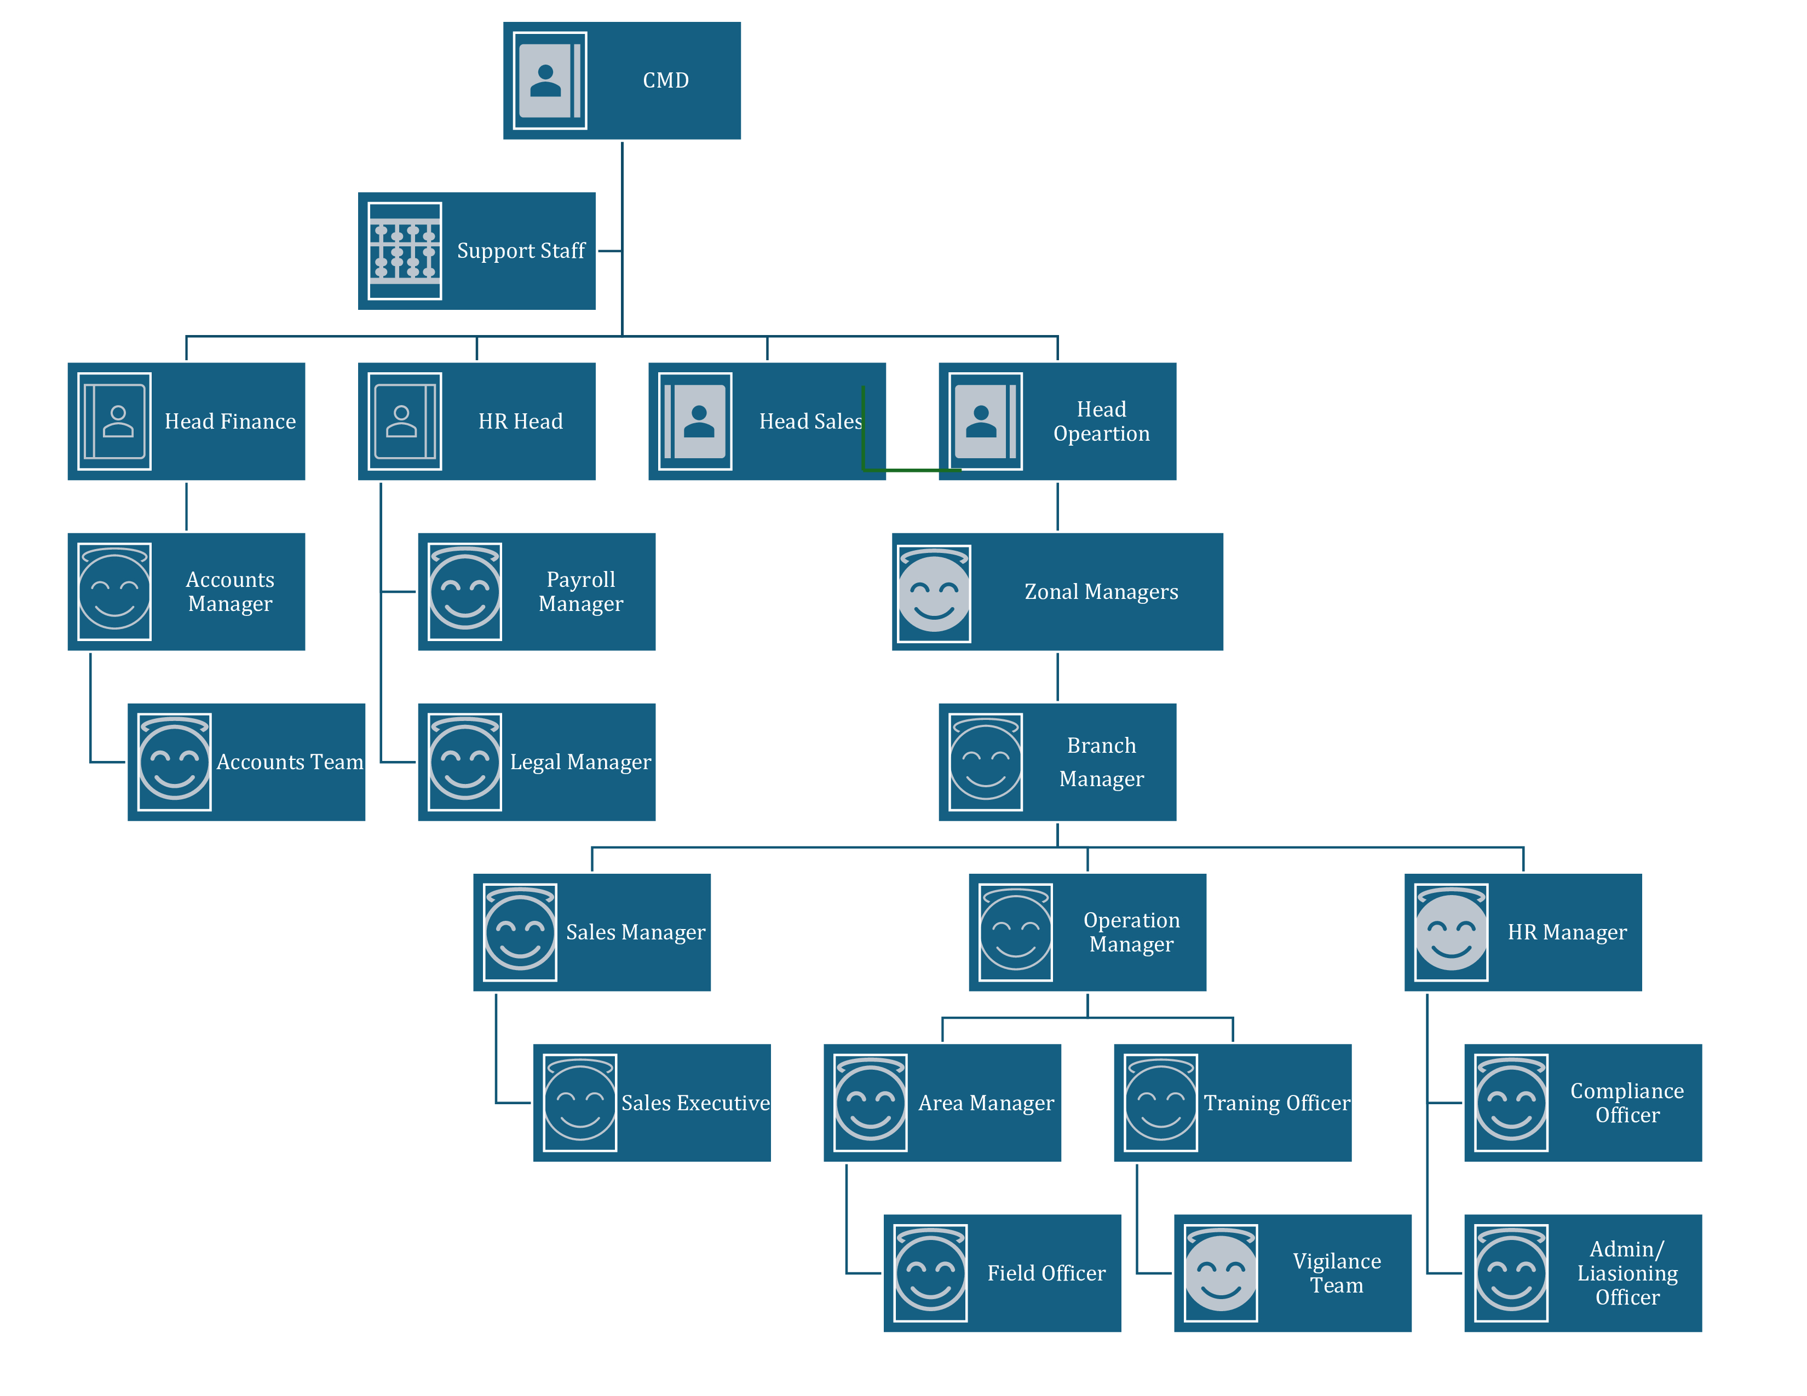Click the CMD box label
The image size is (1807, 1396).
[665, 80]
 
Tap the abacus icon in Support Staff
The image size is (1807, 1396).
[405, 251]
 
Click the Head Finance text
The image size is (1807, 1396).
[230, 421]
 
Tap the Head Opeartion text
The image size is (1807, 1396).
[1101, 421]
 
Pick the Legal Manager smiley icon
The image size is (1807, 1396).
[464, 762]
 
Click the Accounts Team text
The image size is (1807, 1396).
[290, 762]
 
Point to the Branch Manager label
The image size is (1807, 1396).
[1101, 762]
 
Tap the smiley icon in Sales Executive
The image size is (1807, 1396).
[579, 1103]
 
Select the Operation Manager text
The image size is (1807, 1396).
[1131, 932]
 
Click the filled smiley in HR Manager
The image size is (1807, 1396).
[1451, 932]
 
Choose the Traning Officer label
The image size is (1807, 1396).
[1276, 1103]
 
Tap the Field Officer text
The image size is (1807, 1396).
[1046, 1273]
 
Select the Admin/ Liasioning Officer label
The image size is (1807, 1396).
[1627, 1273]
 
